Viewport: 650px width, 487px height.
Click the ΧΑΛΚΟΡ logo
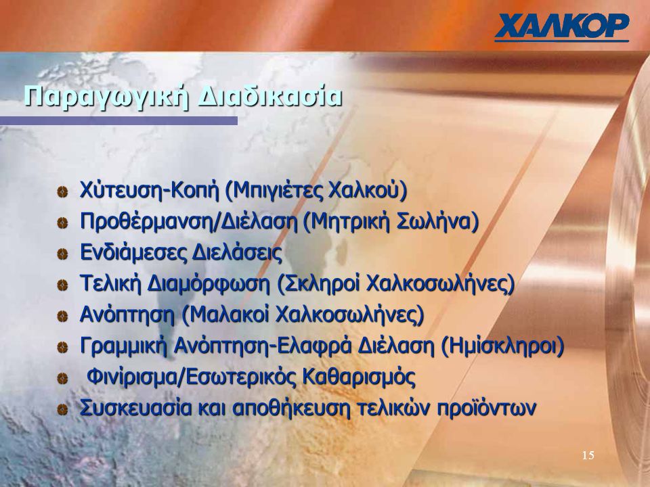[562, 27]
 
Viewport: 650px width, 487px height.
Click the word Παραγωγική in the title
[106, 97]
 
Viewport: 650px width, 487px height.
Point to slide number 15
[588, 455]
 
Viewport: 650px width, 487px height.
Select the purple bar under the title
[118, 120]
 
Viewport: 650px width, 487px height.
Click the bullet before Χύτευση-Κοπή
[62, 191]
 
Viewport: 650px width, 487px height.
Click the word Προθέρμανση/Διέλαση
[189, 222]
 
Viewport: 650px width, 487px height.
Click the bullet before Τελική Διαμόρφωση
[62, 285]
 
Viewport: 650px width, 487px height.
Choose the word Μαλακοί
[225, 315]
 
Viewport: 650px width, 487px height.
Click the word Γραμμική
[123, 346]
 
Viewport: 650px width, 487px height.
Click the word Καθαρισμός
[359, 377]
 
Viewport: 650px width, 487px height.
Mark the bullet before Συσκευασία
[62, 410]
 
